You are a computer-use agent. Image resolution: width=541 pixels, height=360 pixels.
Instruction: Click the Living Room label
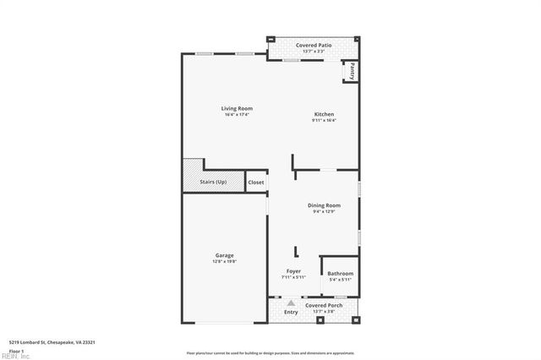tap(237, 108)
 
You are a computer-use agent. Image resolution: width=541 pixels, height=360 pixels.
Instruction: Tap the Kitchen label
tap(324, 114)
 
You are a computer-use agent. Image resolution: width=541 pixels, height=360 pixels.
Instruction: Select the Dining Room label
tap(324, 205)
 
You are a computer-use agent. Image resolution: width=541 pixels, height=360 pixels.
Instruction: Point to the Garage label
tap(224, 255)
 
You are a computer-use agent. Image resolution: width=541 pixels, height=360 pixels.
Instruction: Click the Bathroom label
tap(340, 274)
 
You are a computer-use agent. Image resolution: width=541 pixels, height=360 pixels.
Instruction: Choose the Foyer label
tap(293, 271)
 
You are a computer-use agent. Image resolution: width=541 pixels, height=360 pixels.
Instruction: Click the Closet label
tap(256, 183)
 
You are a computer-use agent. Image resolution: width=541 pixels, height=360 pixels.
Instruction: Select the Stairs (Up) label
tap(212, 182)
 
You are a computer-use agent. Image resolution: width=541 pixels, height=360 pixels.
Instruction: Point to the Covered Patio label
tap(313, 45)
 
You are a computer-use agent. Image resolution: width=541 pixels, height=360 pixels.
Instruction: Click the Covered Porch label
tap(323, 305)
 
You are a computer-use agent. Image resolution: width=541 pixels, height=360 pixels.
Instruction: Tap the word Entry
tap(291, 312)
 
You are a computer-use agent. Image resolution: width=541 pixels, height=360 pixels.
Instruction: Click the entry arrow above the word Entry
tap(291, 303)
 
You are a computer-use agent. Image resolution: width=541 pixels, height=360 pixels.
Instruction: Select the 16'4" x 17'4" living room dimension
tap(237, 115)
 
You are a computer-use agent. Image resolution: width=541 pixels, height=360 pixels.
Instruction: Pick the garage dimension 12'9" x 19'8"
tap(224, 261)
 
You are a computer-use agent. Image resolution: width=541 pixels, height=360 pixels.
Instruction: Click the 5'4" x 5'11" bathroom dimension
tap(340, 280)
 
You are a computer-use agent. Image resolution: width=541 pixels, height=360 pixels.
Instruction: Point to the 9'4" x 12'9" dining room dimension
tap(324, 211)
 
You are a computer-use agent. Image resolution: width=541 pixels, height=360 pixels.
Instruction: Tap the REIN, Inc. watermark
tap(14, 356)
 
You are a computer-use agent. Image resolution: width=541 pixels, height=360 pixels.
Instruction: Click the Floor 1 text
tap(16, 350)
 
